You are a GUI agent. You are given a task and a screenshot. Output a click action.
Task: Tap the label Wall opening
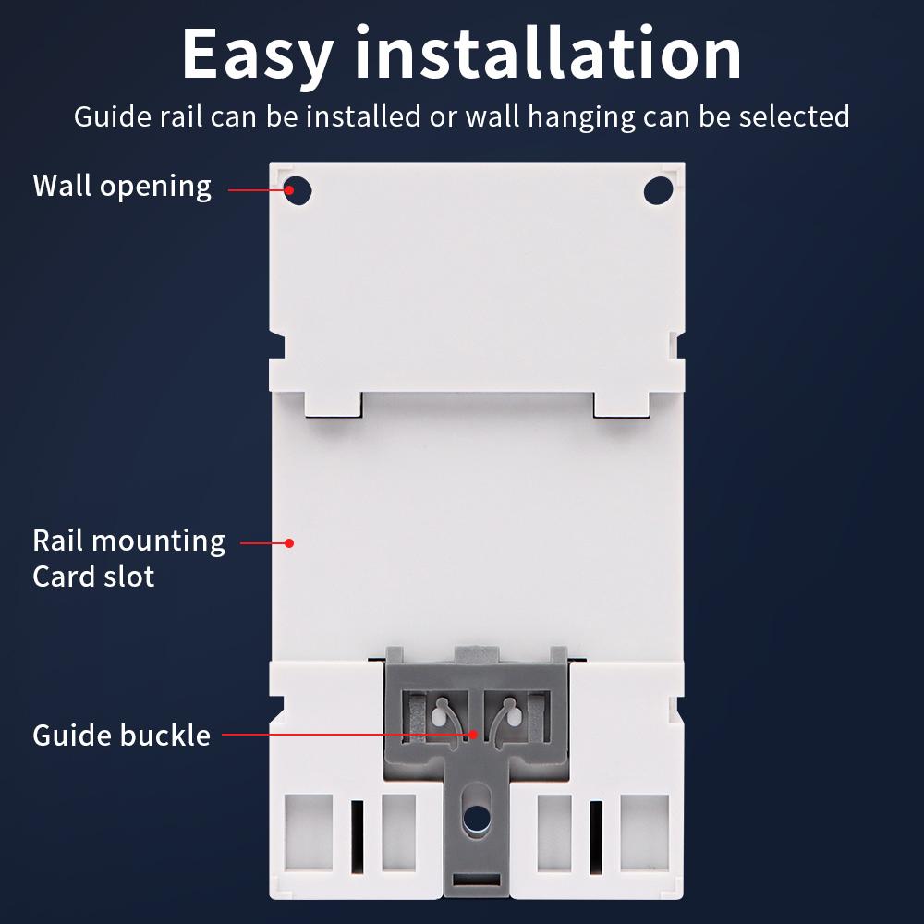[x=122, y=186]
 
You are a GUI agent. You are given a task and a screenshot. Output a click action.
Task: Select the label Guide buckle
[x=121, y=736]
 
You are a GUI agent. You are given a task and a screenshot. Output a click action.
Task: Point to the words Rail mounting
[x=128, y=541]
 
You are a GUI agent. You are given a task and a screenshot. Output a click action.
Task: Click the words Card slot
[x=93, y=577]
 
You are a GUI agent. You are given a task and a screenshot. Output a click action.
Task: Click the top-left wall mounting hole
[x=298, y=191]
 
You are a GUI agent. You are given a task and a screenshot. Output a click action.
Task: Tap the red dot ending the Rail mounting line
[x=288, y=543]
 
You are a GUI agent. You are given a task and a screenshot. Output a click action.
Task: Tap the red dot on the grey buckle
[x=472, y=736]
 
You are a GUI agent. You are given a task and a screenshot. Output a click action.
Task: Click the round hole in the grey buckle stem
[x=477, y=818]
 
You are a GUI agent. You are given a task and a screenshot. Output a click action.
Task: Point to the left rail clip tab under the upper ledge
[x=333, y=404]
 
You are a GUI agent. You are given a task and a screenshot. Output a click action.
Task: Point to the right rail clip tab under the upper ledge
[x=622, y=404]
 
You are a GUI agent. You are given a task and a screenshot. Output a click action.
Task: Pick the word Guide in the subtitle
[x=108, y=116]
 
